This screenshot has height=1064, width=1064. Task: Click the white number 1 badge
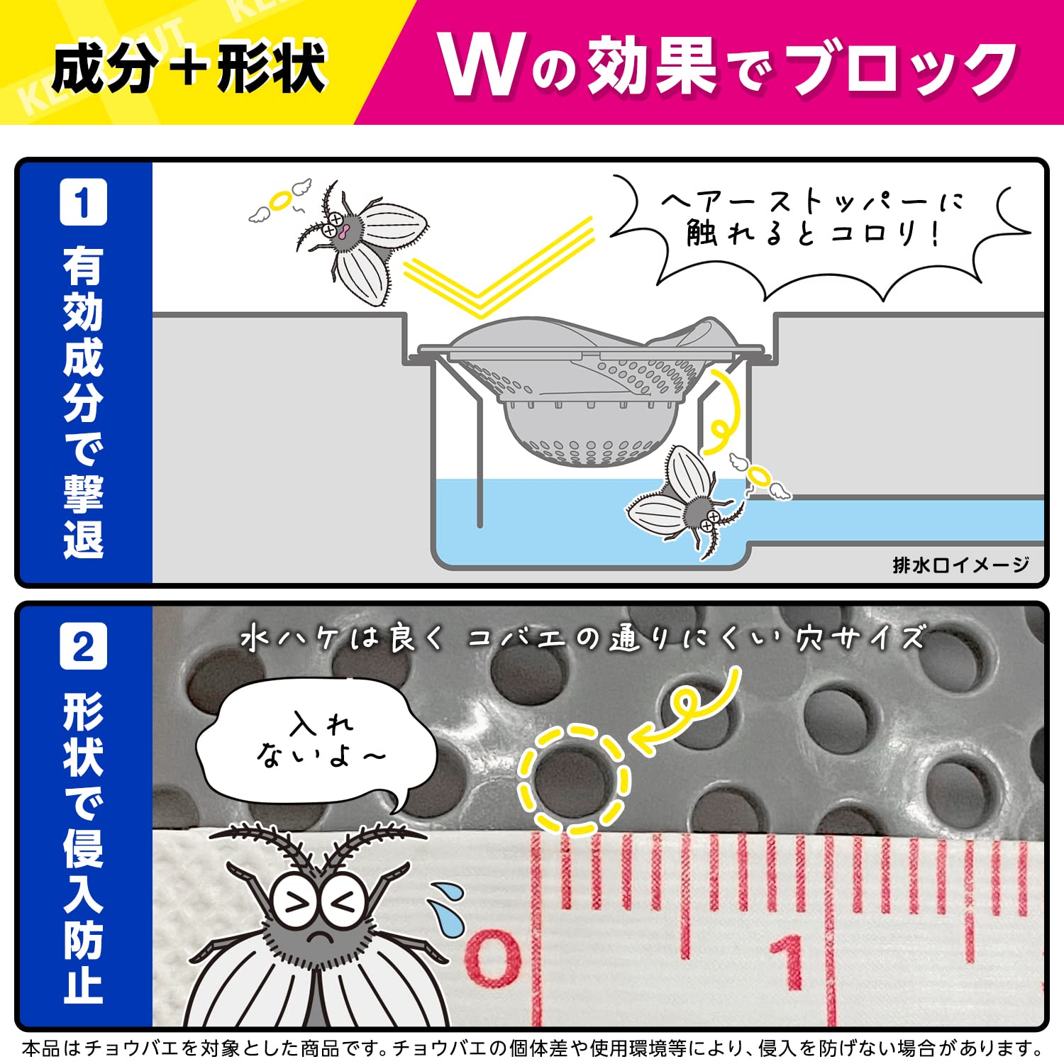(x=83, y=202)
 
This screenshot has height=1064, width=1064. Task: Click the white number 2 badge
(x=83, y=646)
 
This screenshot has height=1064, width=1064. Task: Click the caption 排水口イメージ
(x=960, y=565)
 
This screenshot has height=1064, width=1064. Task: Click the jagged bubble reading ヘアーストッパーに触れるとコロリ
(x=816, y=227)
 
